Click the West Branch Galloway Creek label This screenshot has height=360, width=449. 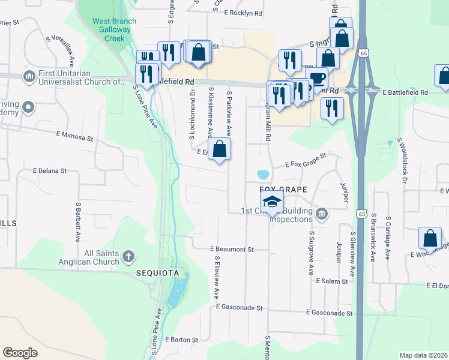tap(109, 29)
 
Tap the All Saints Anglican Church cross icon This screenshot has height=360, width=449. tap(128, 257)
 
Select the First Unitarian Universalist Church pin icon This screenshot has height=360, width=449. tap(28, 77)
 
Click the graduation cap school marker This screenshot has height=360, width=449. tap(272, 203)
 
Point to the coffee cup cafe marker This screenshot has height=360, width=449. tap(316, 79)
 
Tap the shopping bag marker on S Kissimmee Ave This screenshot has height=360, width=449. tap(220, 149)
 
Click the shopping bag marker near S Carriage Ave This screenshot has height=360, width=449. tap(430, 238)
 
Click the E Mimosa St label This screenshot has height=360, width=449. tap(75, 137)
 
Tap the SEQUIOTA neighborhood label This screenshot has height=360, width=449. tap(157, 273)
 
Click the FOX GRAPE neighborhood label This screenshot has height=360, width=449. tap(283, 190)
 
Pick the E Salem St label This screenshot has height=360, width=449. tap(332, 281)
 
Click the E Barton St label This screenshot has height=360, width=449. tap(177, 340)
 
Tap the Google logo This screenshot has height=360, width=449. tap(20, 353)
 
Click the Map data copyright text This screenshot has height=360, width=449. tap(423, 355)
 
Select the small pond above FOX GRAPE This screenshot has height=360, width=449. tap(263, 175)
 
